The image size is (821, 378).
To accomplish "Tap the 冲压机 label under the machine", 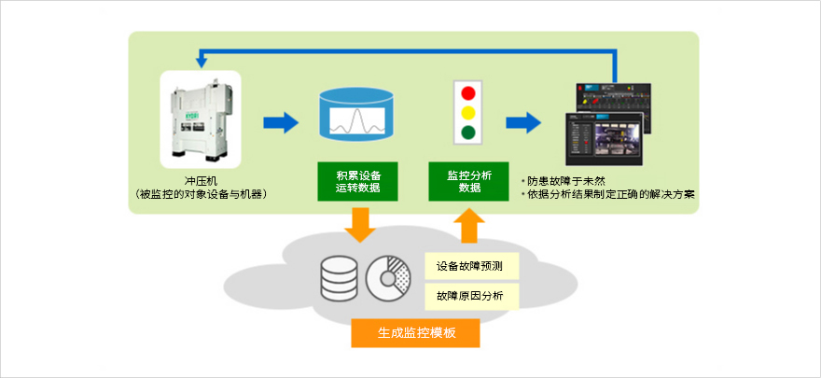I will [202, 180].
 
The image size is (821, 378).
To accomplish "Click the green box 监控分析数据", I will [469, 181].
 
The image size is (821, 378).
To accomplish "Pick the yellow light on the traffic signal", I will [469, 112].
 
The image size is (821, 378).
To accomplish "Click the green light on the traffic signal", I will [469, 132].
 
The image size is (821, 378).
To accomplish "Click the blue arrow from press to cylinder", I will [280, 121].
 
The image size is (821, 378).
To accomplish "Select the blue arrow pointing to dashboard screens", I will [523, 121].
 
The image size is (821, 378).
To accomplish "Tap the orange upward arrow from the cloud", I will [470, 224].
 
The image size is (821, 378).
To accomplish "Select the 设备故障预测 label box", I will [469, 266].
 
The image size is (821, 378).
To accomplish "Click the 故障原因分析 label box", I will [469, 296].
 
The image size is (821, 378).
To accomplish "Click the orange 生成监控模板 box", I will [416, 332].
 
